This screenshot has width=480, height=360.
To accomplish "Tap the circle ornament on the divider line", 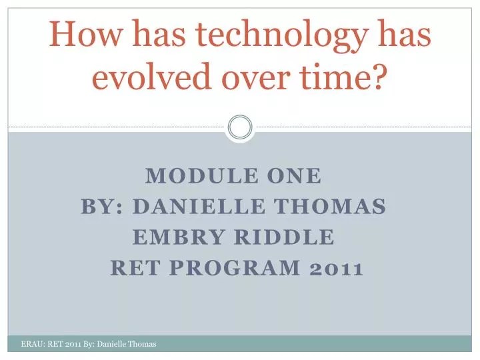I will pyautogui.click(x=240, y=127).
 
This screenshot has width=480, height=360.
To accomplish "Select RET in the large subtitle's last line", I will pyautogui.click(x=133, y=269).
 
